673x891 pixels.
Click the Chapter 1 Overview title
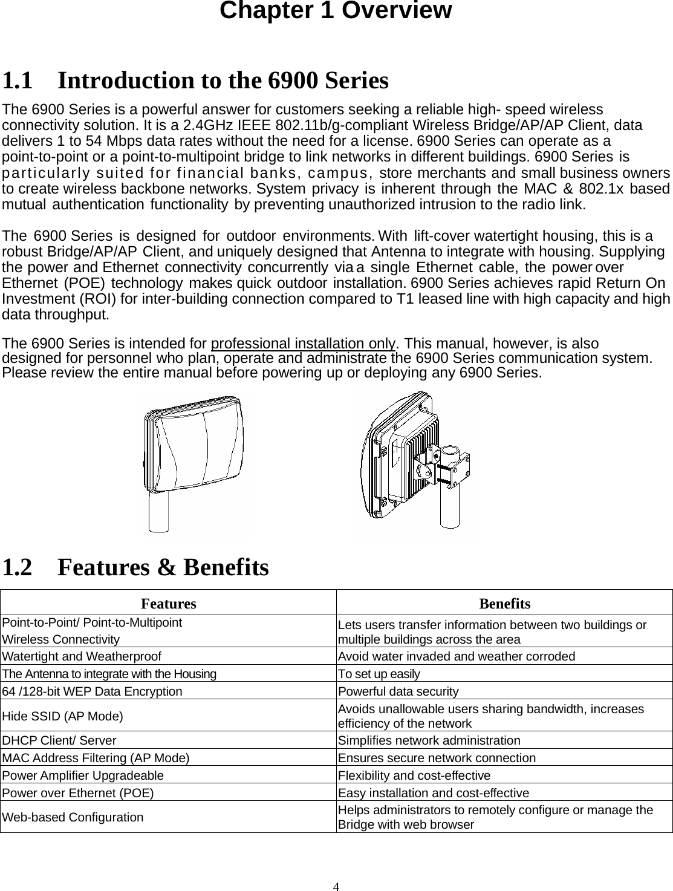coord(336,11)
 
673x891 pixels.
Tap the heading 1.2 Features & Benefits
coord(135,567)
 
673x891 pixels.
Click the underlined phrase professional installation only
coord(303,344)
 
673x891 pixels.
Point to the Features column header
coord(168,604)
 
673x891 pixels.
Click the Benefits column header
coord(504,604)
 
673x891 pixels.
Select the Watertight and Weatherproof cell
coord(82,656)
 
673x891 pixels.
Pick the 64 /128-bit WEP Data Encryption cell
coord(92,691)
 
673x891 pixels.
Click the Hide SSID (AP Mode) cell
coord(63,716)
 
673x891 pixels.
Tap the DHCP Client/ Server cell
coord(59,740)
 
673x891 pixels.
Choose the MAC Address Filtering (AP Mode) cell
coord(96,758)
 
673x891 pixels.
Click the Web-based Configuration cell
coord(73,817)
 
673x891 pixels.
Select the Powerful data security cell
coord(398,691)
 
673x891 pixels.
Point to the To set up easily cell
coord(379,674)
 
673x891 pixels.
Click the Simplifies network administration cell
coord(429,740)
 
